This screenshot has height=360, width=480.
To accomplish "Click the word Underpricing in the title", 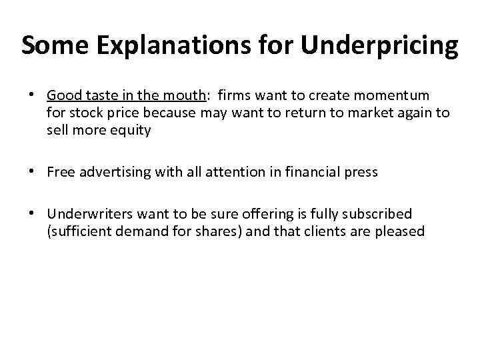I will point(380,45).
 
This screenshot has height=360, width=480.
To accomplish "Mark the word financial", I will point(315,172).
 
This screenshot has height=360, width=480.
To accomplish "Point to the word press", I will point(361,172).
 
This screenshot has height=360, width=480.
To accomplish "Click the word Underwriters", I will point(89,214).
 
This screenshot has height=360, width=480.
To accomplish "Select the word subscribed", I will point(381,214).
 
